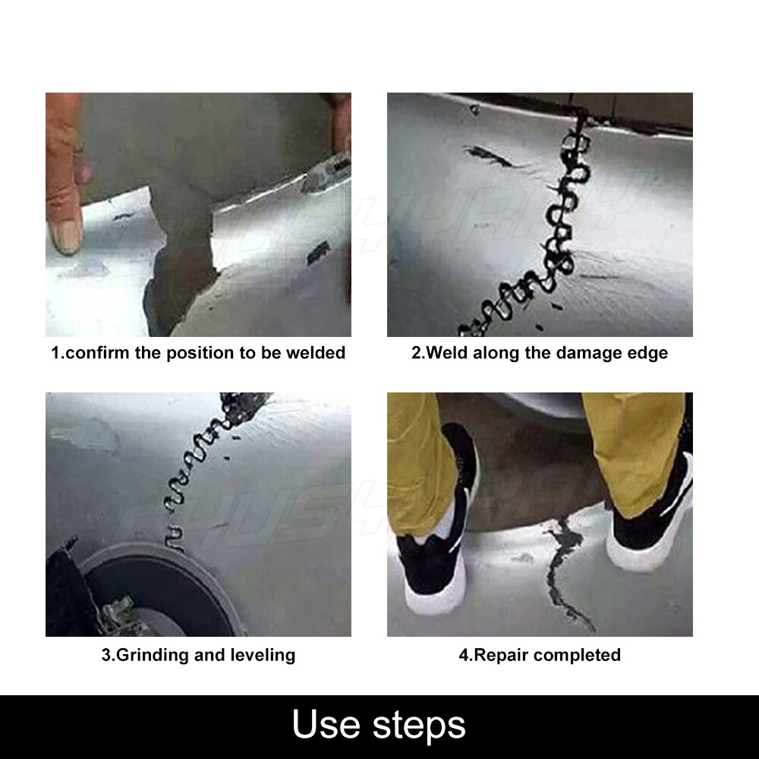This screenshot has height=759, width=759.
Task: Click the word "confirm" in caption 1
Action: pyautogui.click(x=97, y=352)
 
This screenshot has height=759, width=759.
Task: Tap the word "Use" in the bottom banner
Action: pyautogui.click(x=326, y=724)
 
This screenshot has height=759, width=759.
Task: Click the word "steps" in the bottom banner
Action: pyautogui.click(x=419, y=726)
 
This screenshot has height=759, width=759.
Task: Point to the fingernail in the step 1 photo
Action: pyautogui.click(x=67, y=236)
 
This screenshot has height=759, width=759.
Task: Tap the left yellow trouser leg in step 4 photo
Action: pyautogui.click(x=419, y=470)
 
